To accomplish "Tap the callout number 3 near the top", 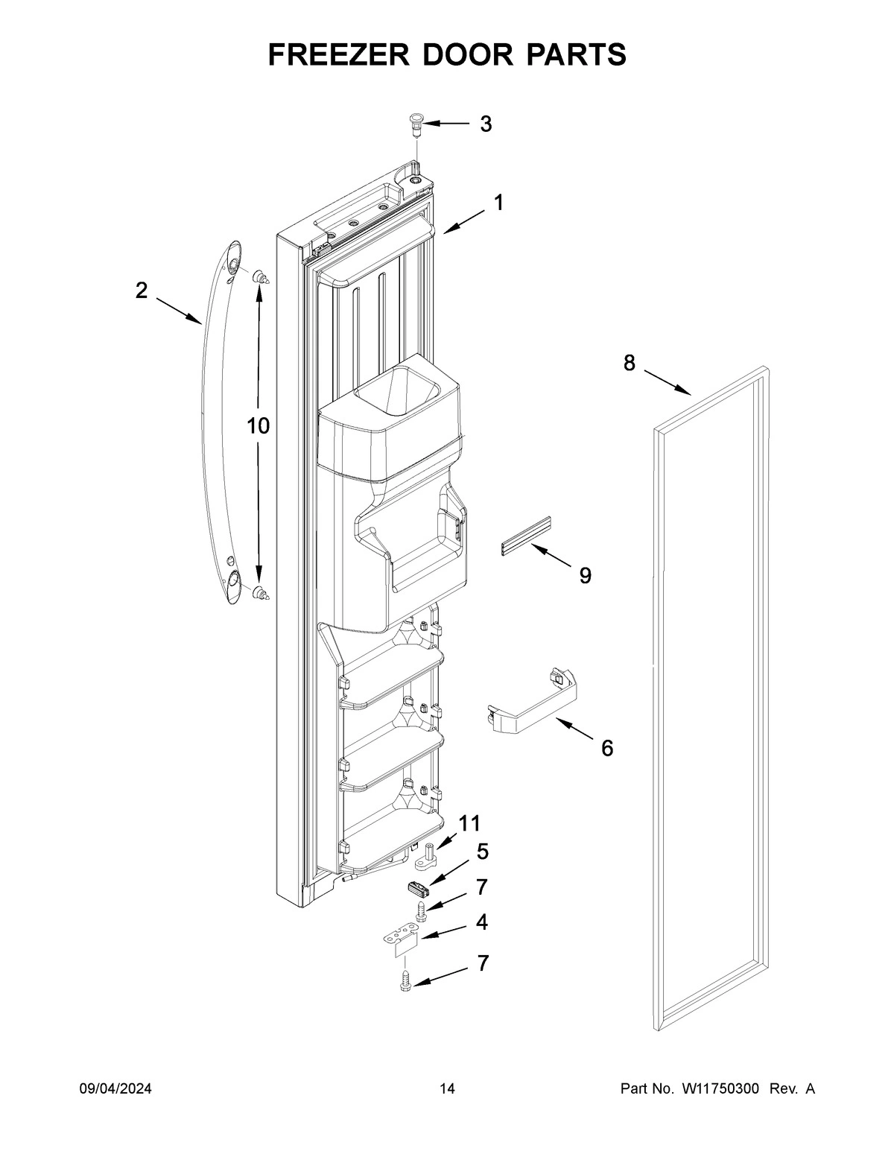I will click(486, 124).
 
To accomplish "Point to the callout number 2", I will click(142, 291).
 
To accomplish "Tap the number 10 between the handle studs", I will click(259, 426).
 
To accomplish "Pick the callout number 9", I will click(585, 575).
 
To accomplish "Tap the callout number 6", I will click(607, 748).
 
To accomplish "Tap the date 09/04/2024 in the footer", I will click(115, 1089).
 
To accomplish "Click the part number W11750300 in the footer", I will click(719, 1089).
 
